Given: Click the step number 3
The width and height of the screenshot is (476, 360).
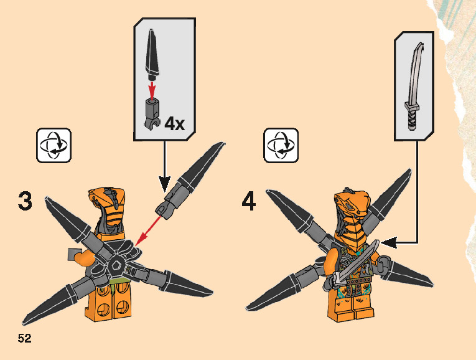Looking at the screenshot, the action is pyautogui.click(x=25, y=201).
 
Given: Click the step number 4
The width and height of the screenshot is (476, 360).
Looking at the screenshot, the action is pyautogui.click(x=249, y=202).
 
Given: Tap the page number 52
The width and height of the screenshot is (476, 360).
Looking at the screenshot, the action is pyautogui.click(x=25, y=338).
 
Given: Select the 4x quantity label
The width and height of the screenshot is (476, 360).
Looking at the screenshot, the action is pyautogui.click(x=175, y=124).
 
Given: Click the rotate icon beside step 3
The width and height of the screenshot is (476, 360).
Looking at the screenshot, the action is pyautogui.click(x=54, y=145).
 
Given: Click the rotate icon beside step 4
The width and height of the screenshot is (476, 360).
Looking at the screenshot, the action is pyautogui.click(x=281, y=145).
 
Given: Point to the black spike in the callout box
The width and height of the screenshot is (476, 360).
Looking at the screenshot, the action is pyautogui.click(x=152, y=53).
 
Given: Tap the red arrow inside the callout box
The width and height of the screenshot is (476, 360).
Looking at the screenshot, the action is pyautogui.click(x=152, y=88).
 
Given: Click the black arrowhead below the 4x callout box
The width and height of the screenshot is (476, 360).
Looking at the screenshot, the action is pyautogui.click(x=164, y=184).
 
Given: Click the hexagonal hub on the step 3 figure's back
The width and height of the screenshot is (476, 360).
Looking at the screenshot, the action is pyautogui.click(x=116, y=267).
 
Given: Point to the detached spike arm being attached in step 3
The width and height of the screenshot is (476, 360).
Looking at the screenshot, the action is pyautogui.click(x=190, y=181).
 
